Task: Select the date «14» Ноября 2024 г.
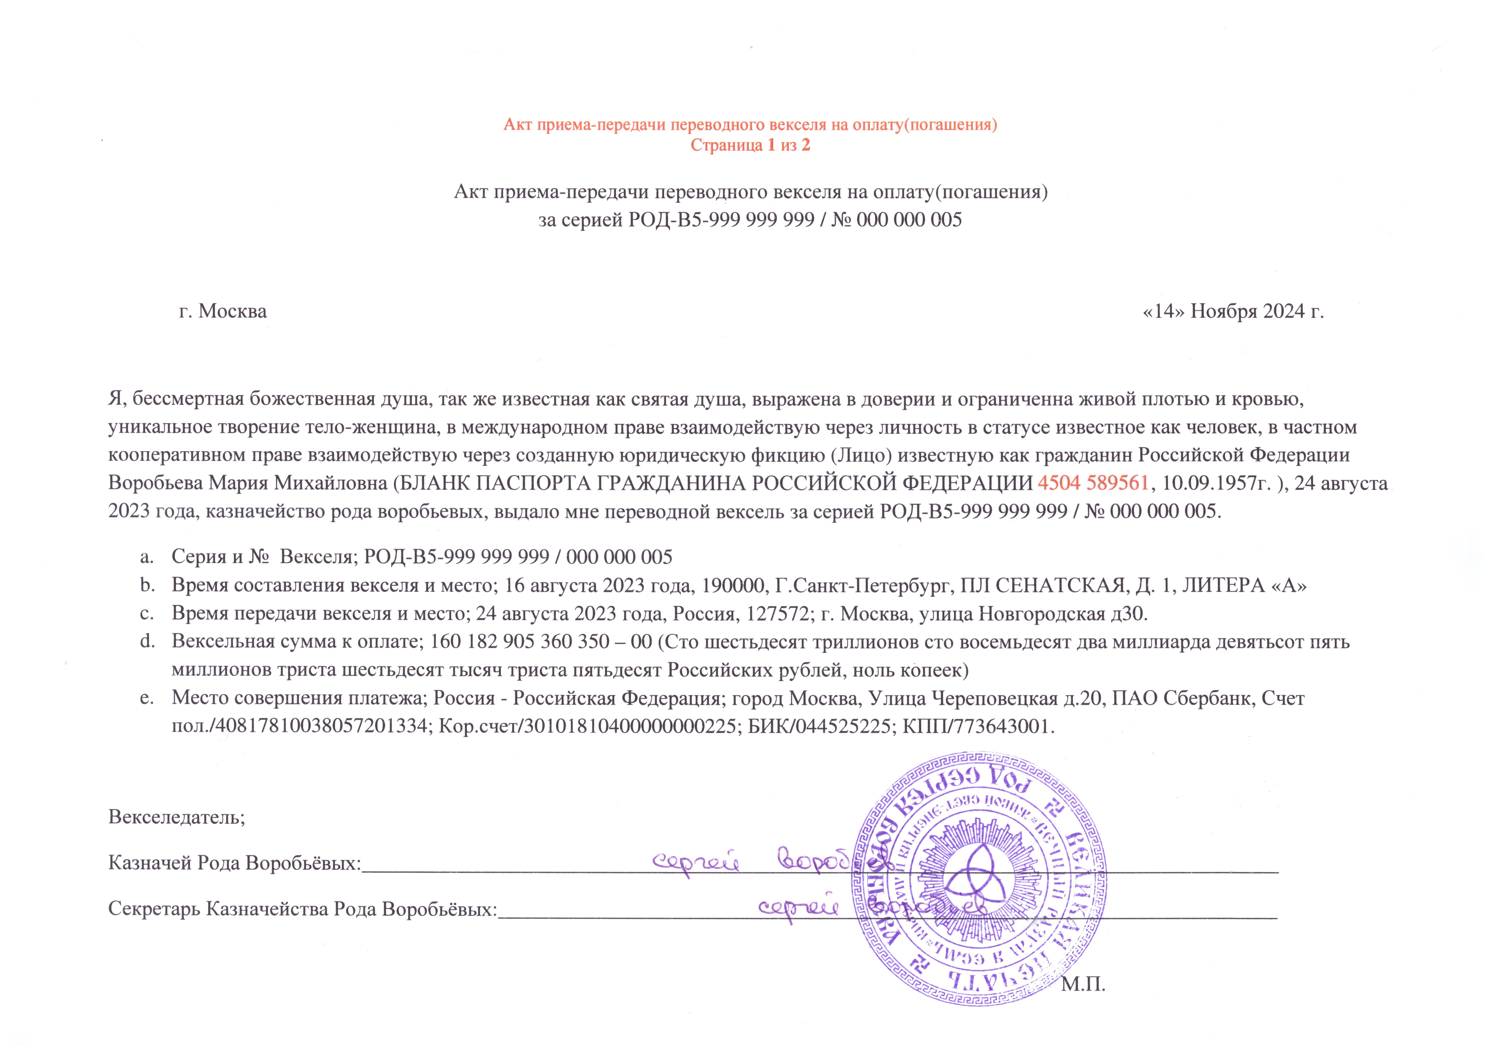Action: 1233,311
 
